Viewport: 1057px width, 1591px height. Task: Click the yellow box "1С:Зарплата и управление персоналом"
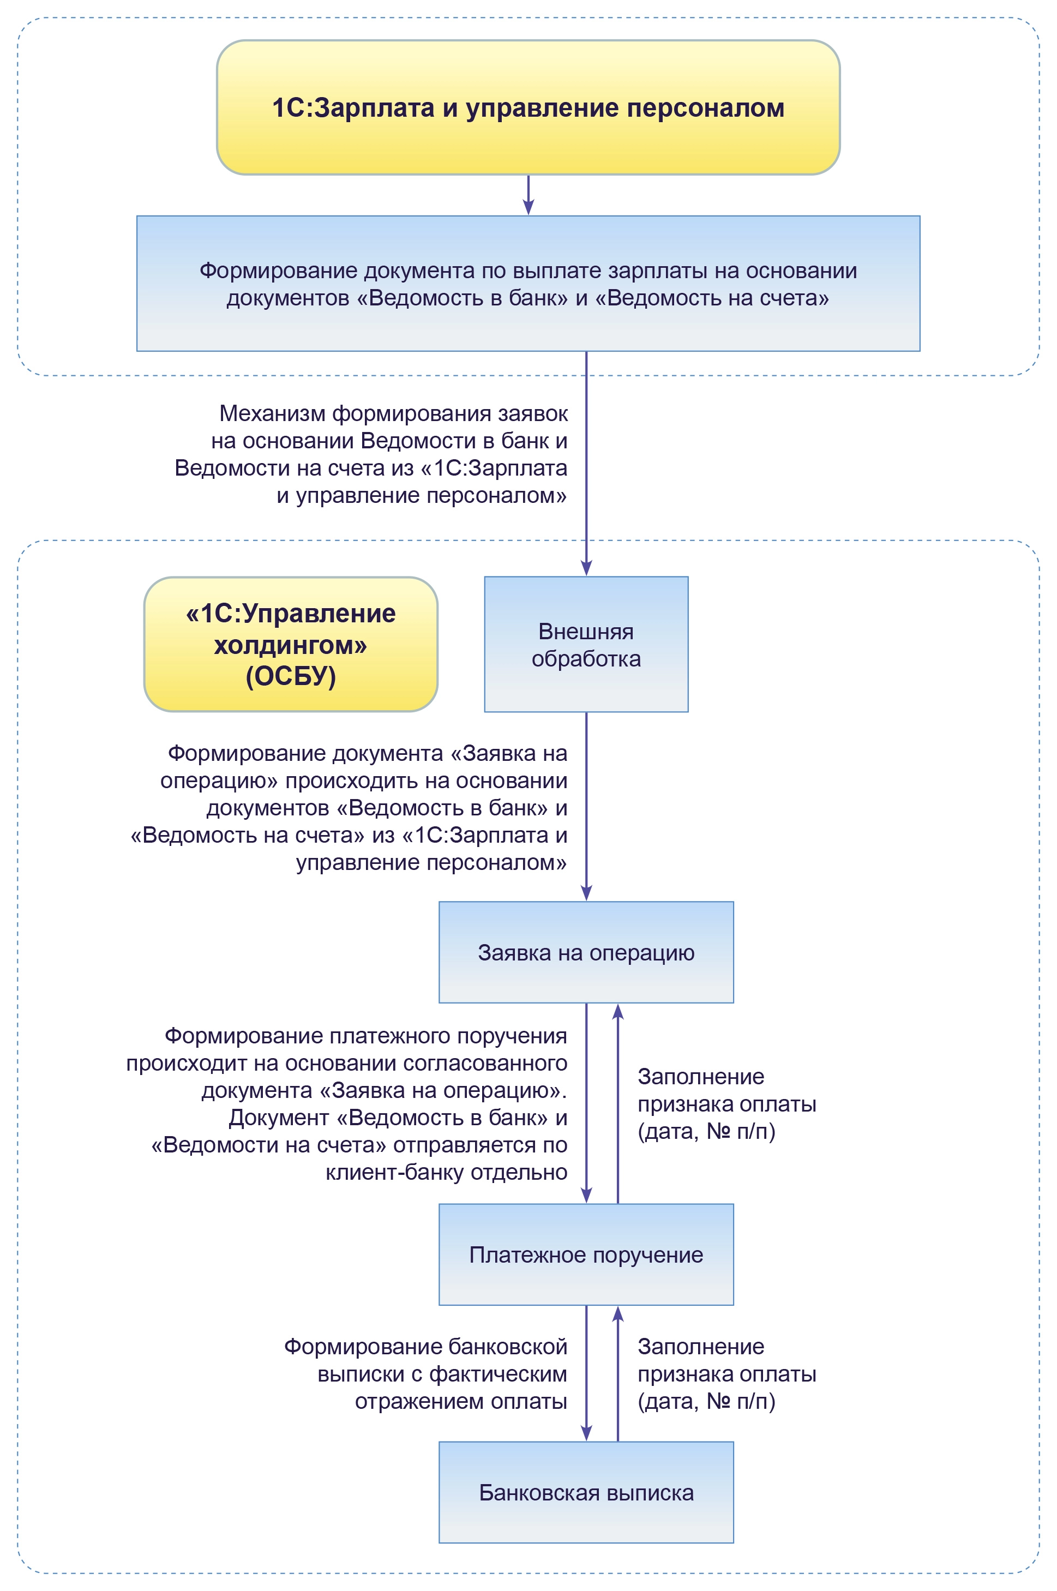pos(528,108)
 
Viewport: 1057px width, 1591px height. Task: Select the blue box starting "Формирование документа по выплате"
pos(528,283)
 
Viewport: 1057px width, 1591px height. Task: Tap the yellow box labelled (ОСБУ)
pos(291,644)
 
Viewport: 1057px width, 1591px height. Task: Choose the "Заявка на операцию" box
pos(586,952)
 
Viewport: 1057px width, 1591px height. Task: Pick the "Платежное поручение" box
pos(586,1254)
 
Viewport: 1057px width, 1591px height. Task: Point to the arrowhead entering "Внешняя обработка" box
pos(586,568)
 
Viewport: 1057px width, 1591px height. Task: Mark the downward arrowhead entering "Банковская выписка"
pos(586,1433)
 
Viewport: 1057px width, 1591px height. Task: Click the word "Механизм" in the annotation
pos(272,413)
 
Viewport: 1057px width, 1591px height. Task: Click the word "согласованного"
pos(485,1063)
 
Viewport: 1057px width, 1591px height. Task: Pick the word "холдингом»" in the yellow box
pos(291,645)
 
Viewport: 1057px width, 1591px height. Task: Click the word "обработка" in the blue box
pos(586,659)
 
